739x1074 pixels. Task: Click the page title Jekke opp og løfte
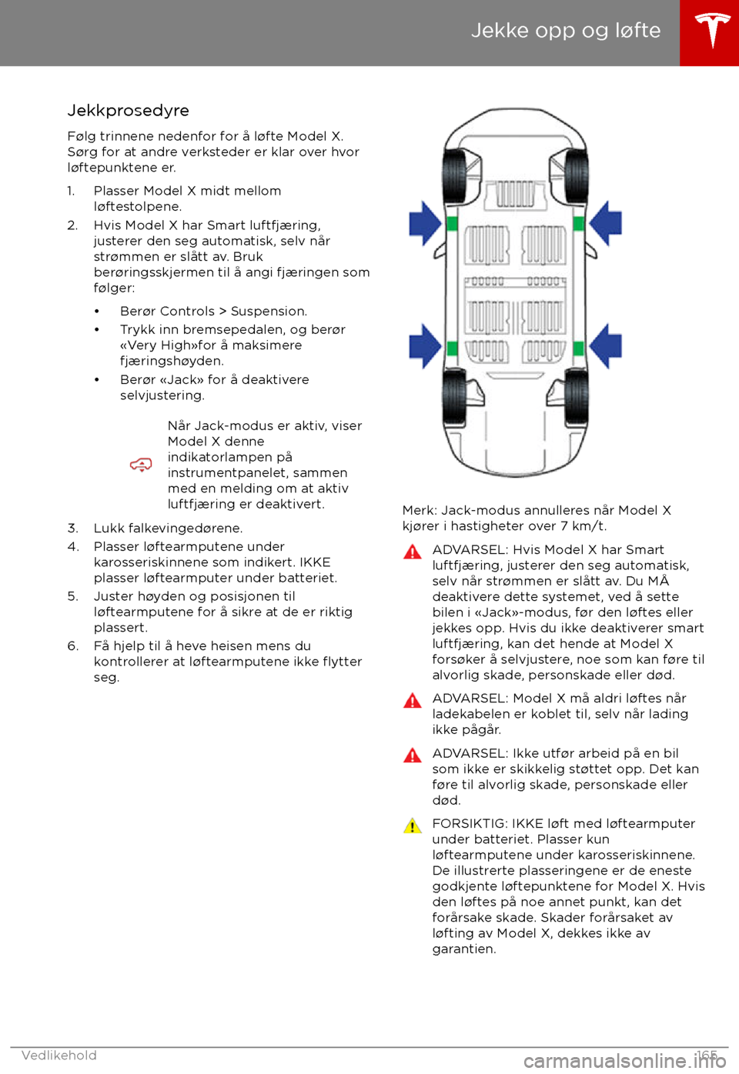coord(565,31)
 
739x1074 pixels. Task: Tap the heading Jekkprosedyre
coord(128,111)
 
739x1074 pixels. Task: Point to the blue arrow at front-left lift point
coord(424,223)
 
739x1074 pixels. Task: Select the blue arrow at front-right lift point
coord(607,223)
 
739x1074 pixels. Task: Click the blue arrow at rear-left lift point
coord(424,345)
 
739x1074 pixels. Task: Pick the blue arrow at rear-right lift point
coord(607,345)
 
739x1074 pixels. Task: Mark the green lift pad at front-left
coord(452,224)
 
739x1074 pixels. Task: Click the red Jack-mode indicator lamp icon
coord(141,465)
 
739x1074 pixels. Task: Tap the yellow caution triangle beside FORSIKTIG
coord(413,826)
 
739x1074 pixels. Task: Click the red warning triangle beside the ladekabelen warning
coord(413,701)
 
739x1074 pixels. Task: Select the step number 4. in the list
coord(73,547)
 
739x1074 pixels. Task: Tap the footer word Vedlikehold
coord(59,1056)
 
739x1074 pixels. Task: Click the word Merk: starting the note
coord(420,511)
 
